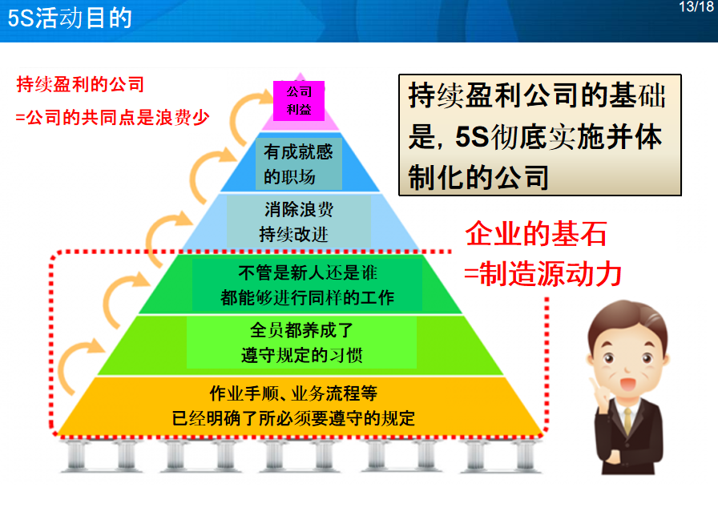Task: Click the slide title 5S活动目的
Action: point(70,18)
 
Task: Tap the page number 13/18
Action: point(696,7)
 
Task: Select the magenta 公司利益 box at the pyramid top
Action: point(299,101)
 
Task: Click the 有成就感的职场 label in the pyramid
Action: point(299,164)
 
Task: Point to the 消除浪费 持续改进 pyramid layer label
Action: point(299,222)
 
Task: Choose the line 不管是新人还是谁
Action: point(308,273)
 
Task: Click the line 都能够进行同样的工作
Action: point(307,298)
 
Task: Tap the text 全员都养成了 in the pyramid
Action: point(302,330)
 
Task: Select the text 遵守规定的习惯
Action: point(302,355)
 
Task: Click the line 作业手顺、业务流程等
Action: point(293,393)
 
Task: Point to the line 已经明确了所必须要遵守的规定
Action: point(293,418)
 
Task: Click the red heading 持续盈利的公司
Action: point(81,84)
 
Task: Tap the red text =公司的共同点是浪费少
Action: point(113,118)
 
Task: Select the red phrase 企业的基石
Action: point(536,233)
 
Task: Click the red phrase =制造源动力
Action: point(543,274)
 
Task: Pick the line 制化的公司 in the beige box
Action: point(478,178)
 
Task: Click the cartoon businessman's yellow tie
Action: point(627,419)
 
